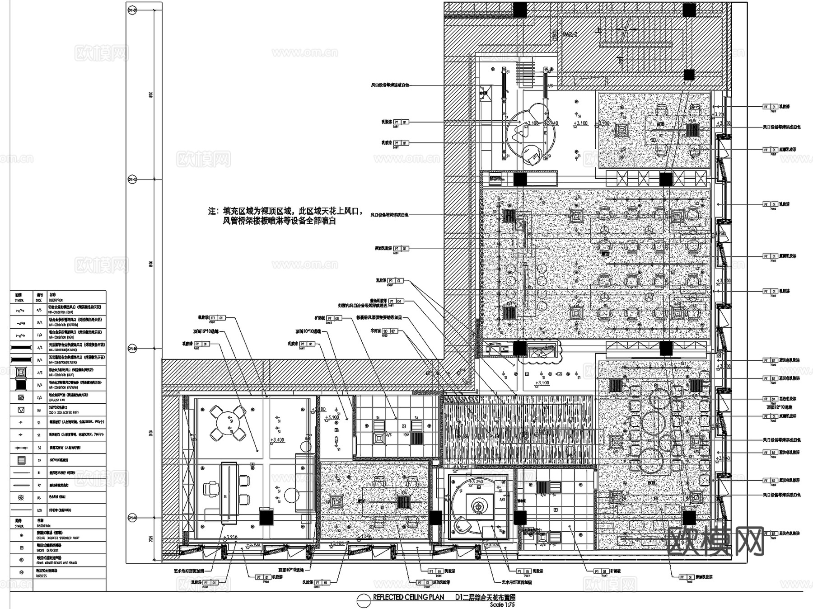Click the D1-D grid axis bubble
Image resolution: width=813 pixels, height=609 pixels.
tap(132, 9)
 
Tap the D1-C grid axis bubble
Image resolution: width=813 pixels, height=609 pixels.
tap(132, 179)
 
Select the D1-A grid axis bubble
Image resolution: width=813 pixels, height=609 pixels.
tap(132, 517)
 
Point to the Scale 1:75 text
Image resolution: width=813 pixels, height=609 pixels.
tap(502, 604)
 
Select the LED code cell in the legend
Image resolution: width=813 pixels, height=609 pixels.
tap(39, 510)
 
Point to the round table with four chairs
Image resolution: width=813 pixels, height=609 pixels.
tap(228, 423)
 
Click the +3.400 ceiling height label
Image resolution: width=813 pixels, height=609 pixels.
tap(277, 439)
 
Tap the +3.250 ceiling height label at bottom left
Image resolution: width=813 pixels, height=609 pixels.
tap(230, 537)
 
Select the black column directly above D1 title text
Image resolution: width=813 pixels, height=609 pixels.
tap(520, 518)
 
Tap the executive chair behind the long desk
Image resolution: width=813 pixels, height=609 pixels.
tap(210, 488)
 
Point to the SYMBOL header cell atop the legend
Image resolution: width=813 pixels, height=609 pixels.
tap(19, 297)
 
